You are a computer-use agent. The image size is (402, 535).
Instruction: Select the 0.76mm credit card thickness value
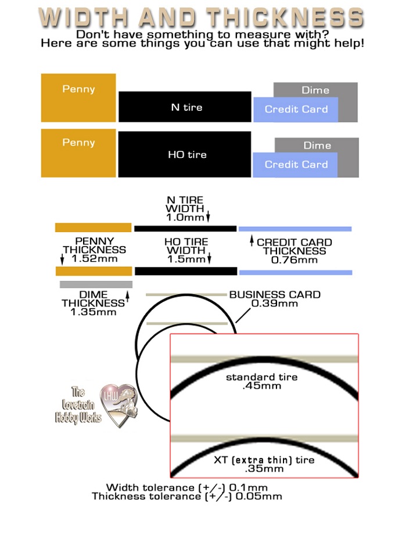[x=295, y=261]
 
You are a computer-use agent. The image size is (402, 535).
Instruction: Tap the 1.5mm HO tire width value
[x=185, y=259]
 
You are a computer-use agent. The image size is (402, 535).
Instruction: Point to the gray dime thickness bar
[x=96, y=284]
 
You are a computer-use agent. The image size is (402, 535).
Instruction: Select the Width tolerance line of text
[x=186, y=487]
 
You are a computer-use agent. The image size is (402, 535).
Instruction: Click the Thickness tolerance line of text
[x=186, y=496]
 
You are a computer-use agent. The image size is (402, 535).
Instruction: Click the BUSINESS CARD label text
[x=274, y=295]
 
